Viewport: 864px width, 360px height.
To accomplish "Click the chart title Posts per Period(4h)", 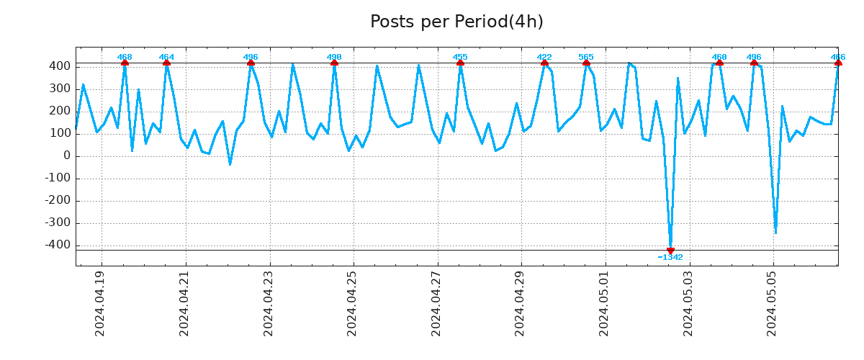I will pos(456,22).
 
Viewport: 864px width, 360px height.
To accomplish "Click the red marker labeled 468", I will pos(125,63).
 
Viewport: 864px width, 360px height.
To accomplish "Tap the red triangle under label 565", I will pos(586,63).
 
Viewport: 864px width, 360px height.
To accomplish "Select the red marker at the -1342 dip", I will pos(670,251).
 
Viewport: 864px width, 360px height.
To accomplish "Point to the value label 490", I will pos(334,57).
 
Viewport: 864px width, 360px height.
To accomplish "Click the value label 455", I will pos(460,57).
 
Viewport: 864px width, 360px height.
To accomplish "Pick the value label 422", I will pos(544,57).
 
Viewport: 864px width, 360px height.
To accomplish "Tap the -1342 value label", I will pos(670,257).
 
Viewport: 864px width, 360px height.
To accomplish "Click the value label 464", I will pos(166,57).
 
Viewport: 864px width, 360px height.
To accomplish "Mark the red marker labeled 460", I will pos(719,63).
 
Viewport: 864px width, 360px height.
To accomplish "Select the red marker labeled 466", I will pos(838,63).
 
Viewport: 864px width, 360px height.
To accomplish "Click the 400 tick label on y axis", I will pos(60,66).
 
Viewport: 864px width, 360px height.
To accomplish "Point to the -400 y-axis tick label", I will pos(57,246).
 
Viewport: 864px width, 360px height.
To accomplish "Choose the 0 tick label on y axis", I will pos(67,156).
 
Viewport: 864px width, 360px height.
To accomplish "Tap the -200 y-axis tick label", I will pos(57,201).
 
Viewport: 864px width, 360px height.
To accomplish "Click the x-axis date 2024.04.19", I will pos(101,303).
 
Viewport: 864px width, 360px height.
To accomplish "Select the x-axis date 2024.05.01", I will pos(605,303).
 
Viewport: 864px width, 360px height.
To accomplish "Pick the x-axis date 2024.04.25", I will pos(353,303).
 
